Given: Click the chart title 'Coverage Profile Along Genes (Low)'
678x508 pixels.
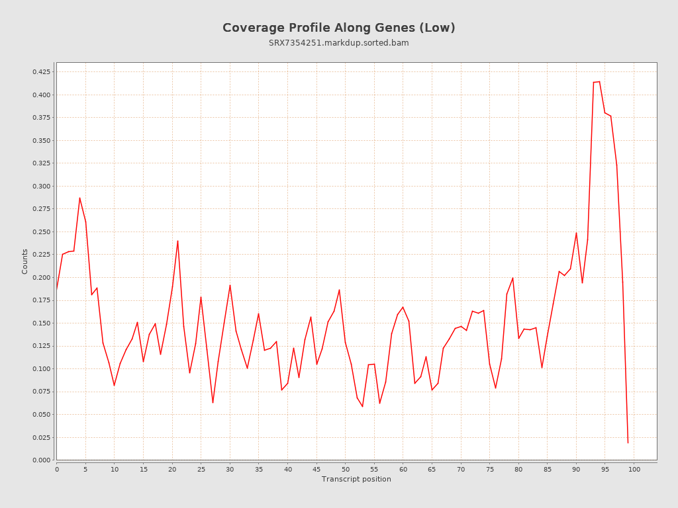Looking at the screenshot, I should pos(338,28).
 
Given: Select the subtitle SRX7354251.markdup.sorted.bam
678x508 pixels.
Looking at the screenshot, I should pos(338,43).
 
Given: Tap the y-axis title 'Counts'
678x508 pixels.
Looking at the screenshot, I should pos(25,261).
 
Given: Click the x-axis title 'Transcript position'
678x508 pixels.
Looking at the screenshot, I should pos(356,479).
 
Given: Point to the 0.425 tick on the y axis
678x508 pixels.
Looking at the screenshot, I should pos(42,71).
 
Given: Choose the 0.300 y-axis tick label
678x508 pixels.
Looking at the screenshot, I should pos(42,186).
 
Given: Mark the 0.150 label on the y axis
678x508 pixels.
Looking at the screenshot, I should pos(42,323).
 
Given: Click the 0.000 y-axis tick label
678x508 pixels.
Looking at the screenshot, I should pos(42,460).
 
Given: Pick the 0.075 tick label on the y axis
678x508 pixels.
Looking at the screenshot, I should pos(42,392).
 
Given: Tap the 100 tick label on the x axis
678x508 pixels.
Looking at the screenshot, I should pos(634,469).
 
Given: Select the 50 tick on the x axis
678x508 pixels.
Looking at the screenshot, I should pos(346,469).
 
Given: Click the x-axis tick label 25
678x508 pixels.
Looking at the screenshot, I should pos(201,469).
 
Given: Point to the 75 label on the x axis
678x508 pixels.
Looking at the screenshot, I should pos(490,469).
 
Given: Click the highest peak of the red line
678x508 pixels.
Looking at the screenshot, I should pos(599,81).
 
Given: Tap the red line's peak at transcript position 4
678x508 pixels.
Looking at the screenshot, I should pos(79,198).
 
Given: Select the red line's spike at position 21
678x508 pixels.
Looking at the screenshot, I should pos(177,241).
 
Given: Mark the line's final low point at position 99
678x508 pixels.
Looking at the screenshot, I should pos(628,443).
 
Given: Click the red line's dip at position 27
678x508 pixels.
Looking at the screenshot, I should pos(213,402).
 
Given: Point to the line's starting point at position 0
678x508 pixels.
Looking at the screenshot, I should pos(57,289).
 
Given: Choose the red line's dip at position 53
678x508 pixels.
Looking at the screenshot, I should pos(362,406).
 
